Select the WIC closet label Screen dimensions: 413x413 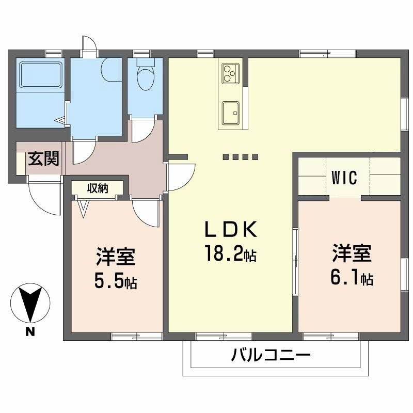[344, 178]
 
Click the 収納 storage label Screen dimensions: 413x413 [97, 188]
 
